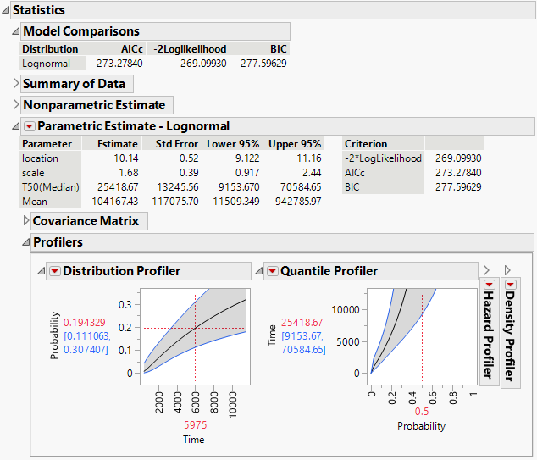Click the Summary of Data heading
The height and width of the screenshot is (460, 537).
point(74,84)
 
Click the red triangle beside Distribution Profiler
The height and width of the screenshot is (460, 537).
point(54,271)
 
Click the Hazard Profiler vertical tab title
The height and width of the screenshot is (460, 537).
point(489,335)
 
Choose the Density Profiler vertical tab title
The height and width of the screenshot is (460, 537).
point(511,335)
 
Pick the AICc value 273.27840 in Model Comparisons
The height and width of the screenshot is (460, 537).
point(119,63)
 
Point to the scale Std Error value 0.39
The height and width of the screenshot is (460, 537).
point(187,173)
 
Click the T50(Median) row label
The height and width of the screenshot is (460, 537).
point(47,187)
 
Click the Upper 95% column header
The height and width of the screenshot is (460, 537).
point(295,144)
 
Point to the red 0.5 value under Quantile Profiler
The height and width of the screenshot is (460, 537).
point(422,411)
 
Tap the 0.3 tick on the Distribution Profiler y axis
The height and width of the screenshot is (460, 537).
point(125,304)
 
